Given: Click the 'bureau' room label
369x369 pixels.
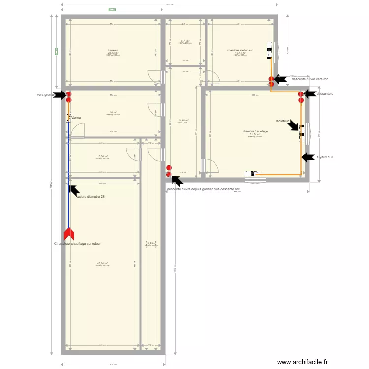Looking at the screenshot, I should click(113, 50).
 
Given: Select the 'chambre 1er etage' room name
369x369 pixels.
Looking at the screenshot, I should click(255, 131).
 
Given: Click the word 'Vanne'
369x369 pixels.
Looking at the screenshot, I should click(76, 118).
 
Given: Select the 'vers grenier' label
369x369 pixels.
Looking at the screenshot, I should click(45, 95).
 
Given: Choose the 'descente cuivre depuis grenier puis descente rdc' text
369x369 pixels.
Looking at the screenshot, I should click(203, 189).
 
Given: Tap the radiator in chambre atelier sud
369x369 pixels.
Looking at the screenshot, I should click(269, 50).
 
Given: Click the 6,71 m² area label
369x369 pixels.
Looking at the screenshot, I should click(185, 41).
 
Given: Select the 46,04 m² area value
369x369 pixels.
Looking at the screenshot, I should click(103, 263).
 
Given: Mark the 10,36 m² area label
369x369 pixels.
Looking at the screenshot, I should click(103, 156).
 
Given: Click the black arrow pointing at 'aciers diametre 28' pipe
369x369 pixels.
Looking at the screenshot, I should click(74, 190).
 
